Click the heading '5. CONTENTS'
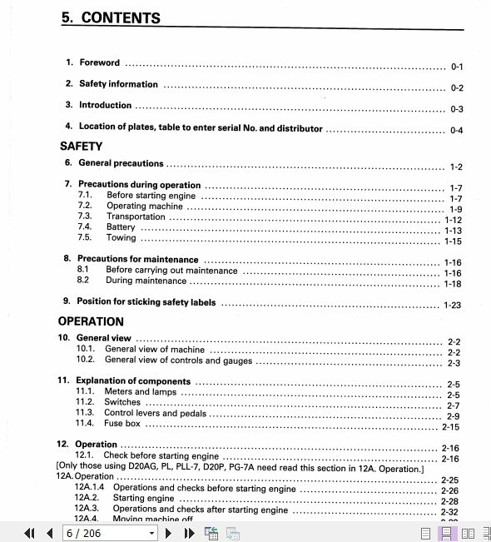[111, 18]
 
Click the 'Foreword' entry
[99, 62]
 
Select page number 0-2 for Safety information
[457, 87]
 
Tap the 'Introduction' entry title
[105, 106]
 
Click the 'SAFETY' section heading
[82, 147]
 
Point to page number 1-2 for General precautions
[456, 167]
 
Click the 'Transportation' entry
[136, 216]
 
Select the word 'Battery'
[121, 227]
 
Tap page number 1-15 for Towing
[453, 241]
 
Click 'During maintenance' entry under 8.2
[146, 281]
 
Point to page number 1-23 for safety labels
[452, 305]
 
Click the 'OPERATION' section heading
[91, 321]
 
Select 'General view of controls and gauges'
[178, 361]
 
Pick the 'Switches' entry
[122, 402]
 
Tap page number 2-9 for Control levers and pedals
[453, 416]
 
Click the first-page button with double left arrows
[30, 533]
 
